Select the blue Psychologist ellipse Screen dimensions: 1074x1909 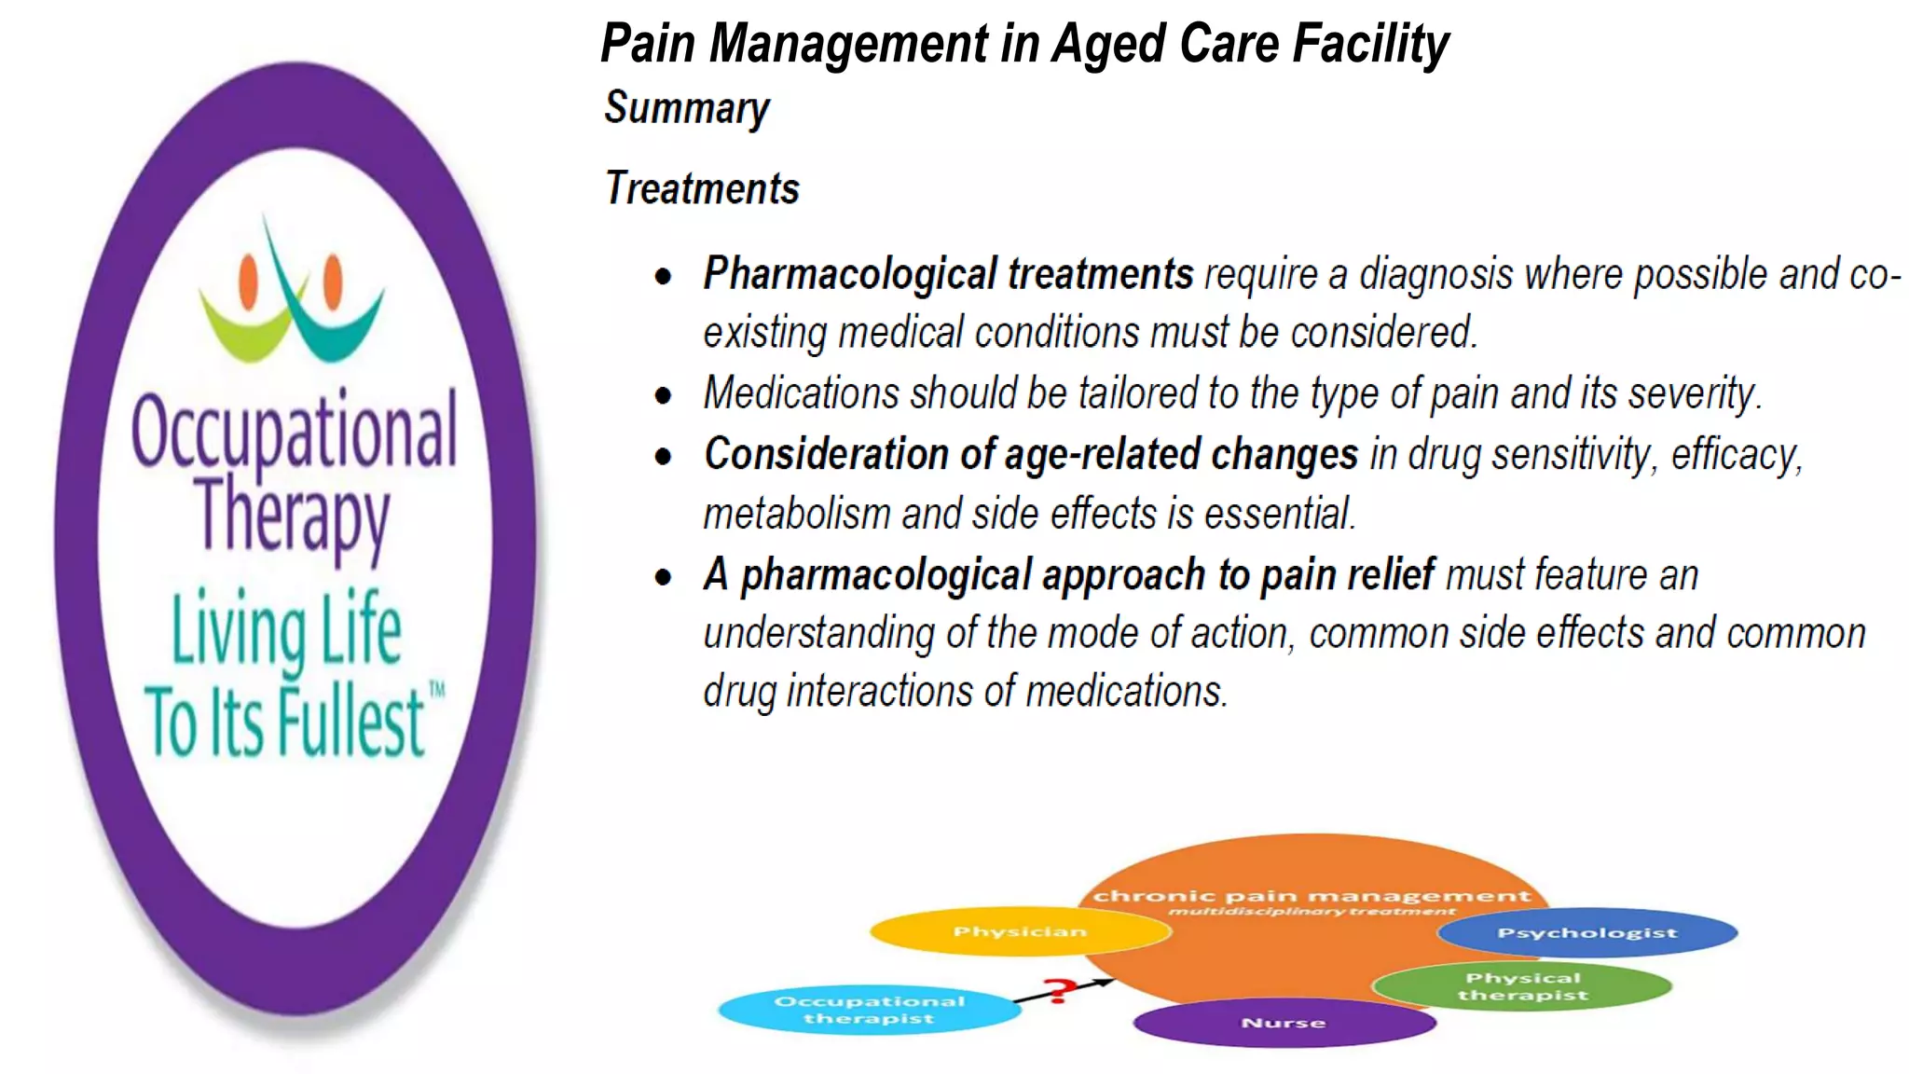coord(1587,932)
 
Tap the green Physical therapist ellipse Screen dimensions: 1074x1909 coord(1522,986)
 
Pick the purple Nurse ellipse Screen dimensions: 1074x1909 coord(1284,1023)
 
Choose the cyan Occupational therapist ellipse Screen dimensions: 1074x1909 coord(869,1010)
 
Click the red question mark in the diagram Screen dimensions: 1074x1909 coord(1057,990)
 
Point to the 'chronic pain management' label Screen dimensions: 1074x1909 coord(1312,896)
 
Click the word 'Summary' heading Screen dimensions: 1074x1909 coord(687,108)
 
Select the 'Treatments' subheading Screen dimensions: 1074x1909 coord(702,188)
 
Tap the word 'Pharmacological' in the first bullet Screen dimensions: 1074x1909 coord(849,274)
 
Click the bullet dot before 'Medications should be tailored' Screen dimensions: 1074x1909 coord(664,395)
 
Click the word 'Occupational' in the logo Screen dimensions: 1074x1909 coord(295,431)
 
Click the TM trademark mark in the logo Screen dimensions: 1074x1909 coord(437,691)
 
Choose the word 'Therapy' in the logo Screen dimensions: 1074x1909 coord(293,516)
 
